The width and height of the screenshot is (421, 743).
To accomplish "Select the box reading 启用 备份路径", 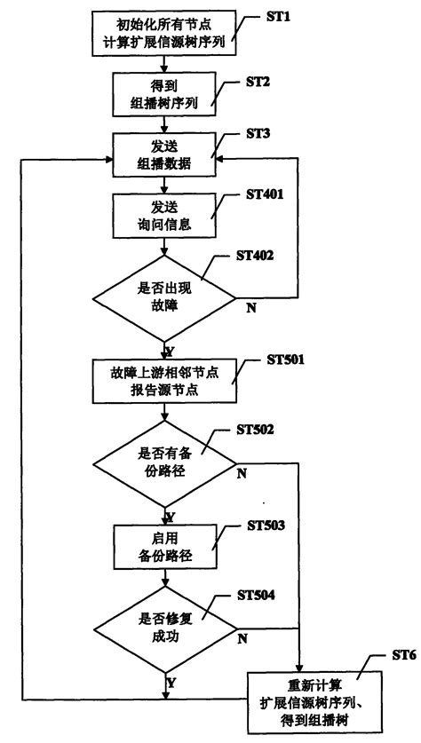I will point(164,548).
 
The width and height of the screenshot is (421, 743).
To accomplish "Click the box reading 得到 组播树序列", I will point(164,95).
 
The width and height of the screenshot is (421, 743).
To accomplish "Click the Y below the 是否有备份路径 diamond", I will point(171,516).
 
